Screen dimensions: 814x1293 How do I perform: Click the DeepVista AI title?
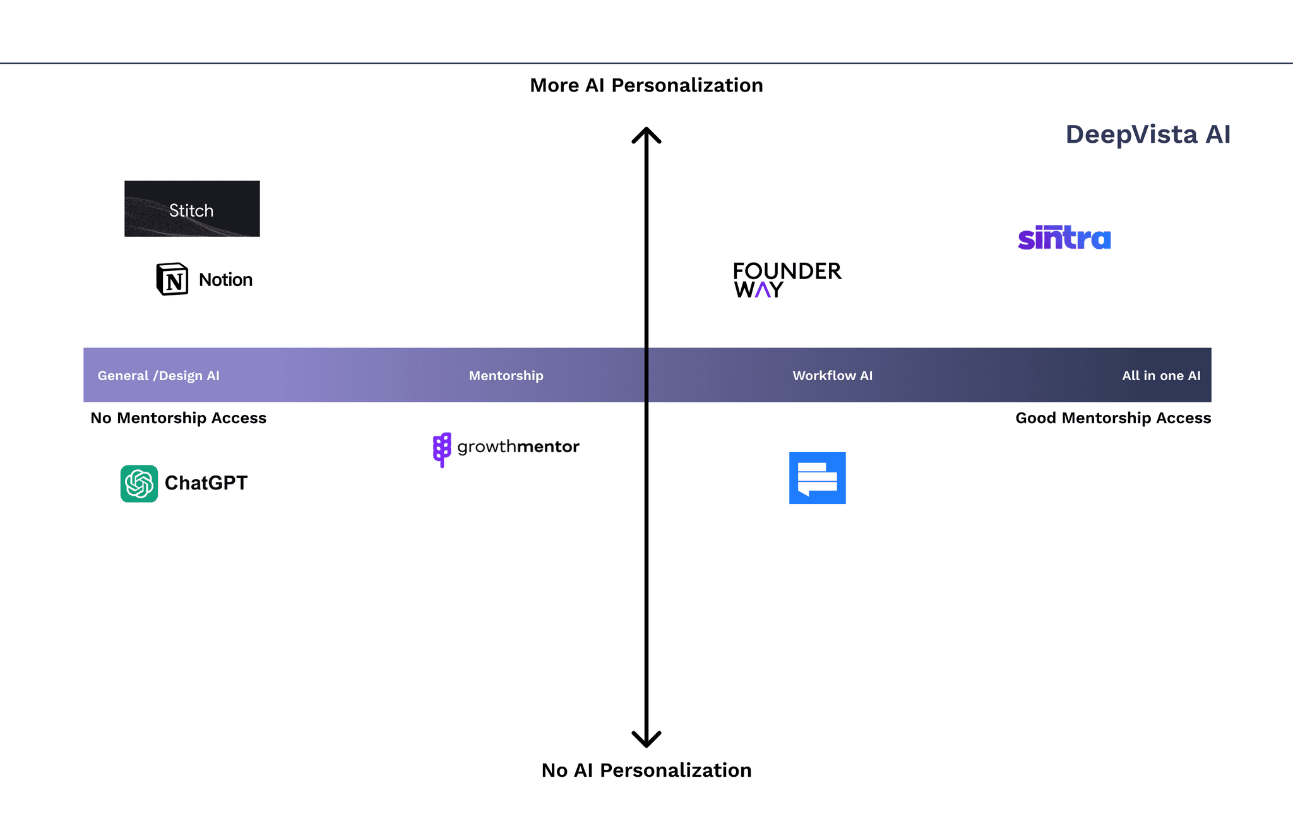tap(1147, 135)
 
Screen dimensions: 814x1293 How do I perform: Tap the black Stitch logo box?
tap(192, 209)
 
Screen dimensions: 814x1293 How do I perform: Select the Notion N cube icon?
tap(172, 279)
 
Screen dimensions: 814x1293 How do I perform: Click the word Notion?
tap(225, 280)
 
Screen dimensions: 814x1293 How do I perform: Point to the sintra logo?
tap(1064, 238)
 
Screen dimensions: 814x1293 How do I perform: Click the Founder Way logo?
tap(787, 280)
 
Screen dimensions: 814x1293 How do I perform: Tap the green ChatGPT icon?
tap(139, 484)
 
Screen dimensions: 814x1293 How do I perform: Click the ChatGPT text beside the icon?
tap(206, 483)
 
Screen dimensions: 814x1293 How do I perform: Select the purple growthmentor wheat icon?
tap(442, 449)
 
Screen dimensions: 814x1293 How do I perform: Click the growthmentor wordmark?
tap(518, 447)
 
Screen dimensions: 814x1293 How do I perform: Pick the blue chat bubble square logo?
tap(817, 478)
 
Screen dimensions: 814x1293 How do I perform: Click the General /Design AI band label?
tap(158, 376)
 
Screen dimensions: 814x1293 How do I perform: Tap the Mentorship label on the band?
tap(506, 376)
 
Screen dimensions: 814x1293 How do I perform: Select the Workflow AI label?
tap(832, 376)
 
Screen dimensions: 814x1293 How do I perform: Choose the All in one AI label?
tap(1161, 376)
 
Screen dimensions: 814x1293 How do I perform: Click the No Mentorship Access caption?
tap(178, 418)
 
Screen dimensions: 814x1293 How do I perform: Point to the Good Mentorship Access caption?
tap(1112, 418)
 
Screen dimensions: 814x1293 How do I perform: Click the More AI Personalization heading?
tap(646, 85)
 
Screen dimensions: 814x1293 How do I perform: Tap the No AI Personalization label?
tap(646, 770)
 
